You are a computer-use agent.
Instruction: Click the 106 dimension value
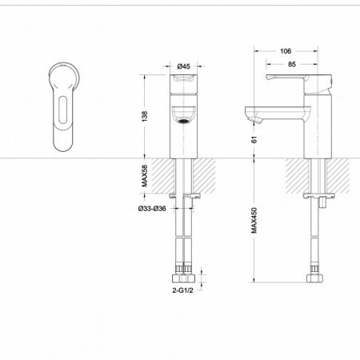pyautogui.click(x=286, y=51)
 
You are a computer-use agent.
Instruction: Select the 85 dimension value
pyautogui.click(x=292, y=64)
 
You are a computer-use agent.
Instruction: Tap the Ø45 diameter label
pyautogui.click(x=184, y=66)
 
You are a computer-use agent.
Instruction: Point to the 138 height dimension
pyautogui.click(x=145, y=116)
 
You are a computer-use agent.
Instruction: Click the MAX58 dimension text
pyautogui.click(x=145, y=176)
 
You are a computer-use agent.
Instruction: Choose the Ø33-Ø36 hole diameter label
pyautogui.click(x=152, y=209)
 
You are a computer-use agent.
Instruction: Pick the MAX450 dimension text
pyautogui.click(x=254, y=221)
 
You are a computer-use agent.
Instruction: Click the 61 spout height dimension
pyautogui.click(x=254, y=139)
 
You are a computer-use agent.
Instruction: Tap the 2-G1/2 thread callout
pyautogui.click(x=182, y=290)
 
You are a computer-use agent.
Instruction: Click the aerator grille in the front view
pyautogui.click(x=183, y=122)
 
